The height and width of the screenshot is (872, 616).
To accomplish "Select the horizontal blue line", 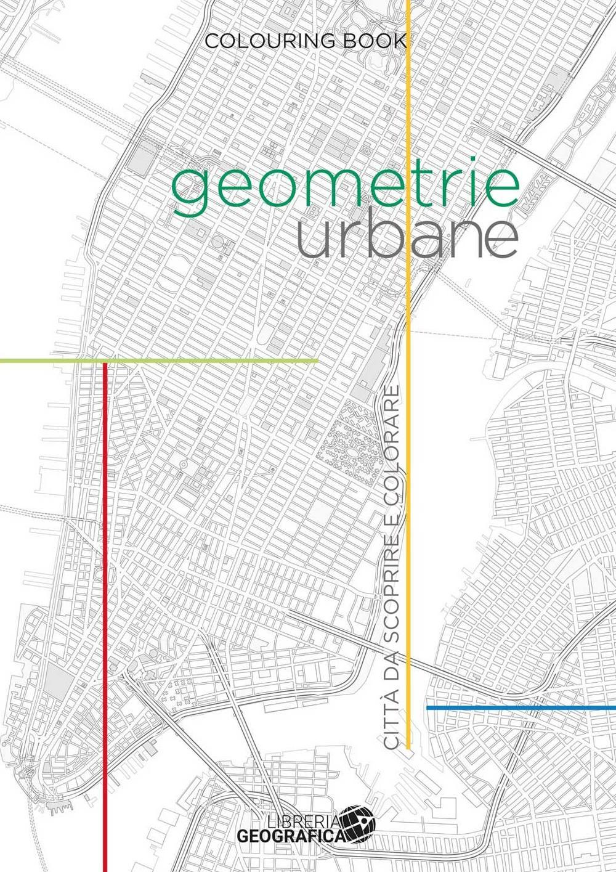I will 521,707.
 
